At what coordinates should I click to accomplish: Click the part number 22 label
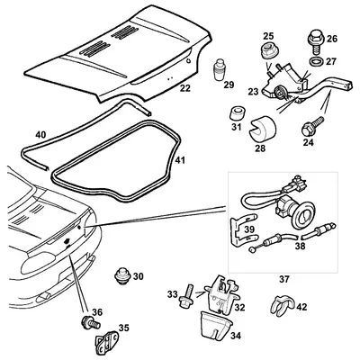[x=185, y=88]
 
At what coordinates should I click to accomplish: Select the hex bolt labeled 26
[x=315, y=41]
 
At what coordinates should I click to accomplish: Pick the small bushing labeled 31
[x=238, y=113]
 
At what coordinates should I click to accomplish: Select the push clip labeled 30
[x=122, y=275]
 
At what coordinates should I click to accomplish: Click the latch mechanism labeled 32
[x=222, y=292]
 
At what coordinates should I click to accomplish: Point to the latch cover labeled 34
[x=216, y=326]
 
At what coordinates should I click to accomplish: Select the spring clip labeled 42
[x=282, y=307]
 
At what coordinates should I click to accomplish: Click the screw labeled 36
[x=90, y=323]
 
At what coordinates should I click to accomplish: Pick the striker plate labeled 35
[x=108, y=341]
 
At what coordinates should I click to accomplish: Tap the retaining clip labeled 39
[x=244, y=230]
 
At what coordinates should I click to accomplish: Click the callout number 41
[x=180, y=160]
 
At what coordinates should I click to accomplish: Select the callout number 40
[x=40, y=135]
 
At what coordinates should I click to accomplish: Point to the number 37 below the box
[x=284, y=279]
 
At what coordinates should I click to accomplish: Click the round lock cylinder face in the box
[x=303, y=215]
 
